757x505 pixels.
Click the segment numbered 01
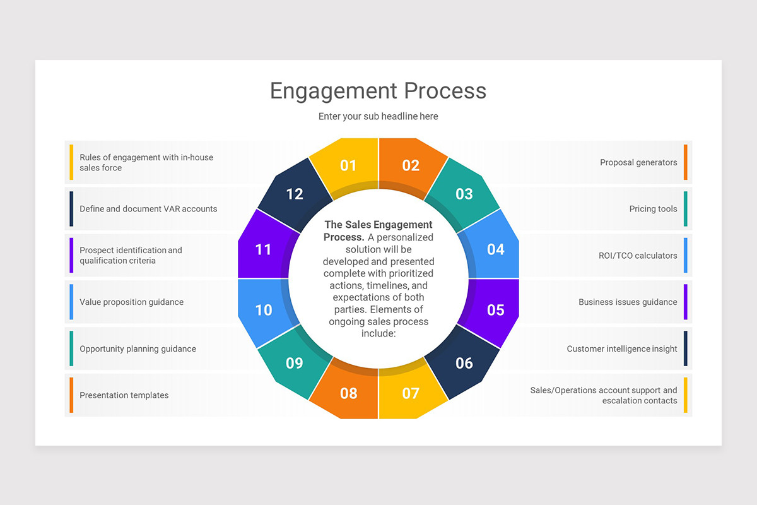(x=348, y=165)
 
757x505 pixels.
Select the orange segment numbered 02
(x=411, y=165)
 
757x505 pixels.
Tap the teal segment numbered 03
(x=464, y=194)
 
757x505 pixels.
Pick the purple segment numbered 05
(x=495, y=309)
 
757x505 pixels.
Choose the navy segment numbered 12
(x=295, y=194)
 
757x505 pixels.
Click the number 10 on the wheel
(x=264, y=310)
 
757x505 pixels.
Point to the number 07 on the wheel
(x=411, y=393)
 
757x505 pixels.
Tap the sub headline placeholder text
(x=378, y=116)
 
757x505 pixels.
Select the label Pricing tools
(x=653, y=209)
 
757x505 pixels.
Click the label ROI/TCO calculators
(x=638, y=256)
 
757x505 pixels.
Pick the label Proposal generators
(x=638, y=162)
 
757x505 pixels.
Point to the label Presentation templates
(x=124, y=395)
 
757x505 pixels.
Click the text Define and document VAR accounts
(x=148, y=209)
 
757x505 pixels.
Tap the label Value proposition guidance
(x=131, y=302)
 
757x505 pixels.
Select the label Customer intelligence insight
(x=621, y=348)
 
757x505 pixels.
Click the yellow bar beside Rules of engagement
(x=71, y=162)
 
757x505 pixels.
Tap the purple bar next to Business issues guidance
(x=686, y=302)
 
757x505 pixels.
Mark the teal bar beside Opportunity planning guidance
(x=71, y=348)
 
